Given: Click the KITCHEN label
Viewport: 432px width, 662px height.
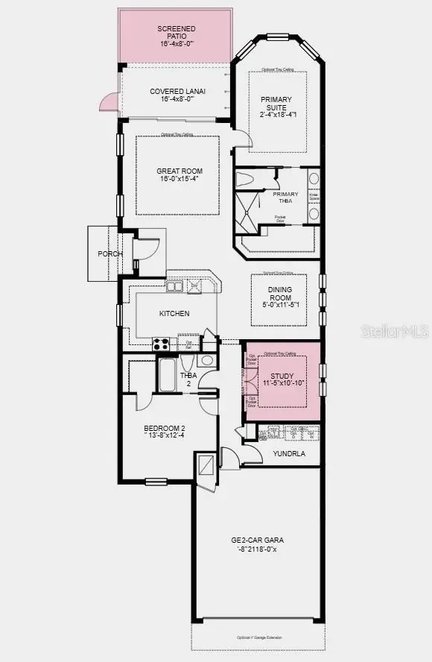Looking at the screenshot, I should click(174, 313).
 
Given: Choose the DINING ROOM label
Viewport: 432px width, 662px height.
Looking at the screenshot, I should click(275, 294).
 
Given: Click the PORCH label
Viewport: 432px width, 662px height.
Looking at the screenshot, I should click(110, 254).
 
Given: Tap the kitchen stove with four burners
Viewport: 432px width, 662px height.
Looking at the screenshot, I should click(162, 344).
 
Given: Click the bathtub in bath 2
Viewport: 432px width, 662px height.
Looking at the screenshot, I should click(167, 376).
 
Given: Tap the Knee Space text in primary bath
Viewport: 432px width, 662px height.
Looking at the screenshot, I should click(314, 197).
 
